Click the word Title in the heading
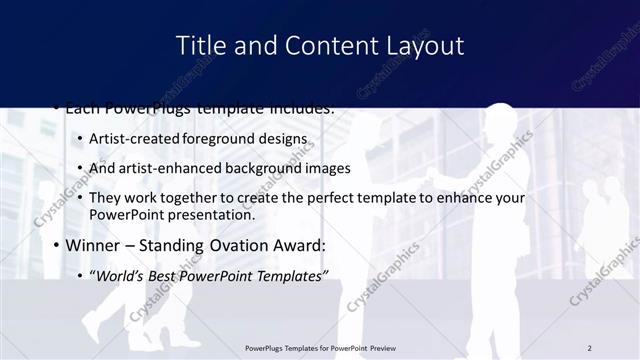click(x=199, y=45)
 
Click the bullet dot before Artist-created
click(x=80, y=139)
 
